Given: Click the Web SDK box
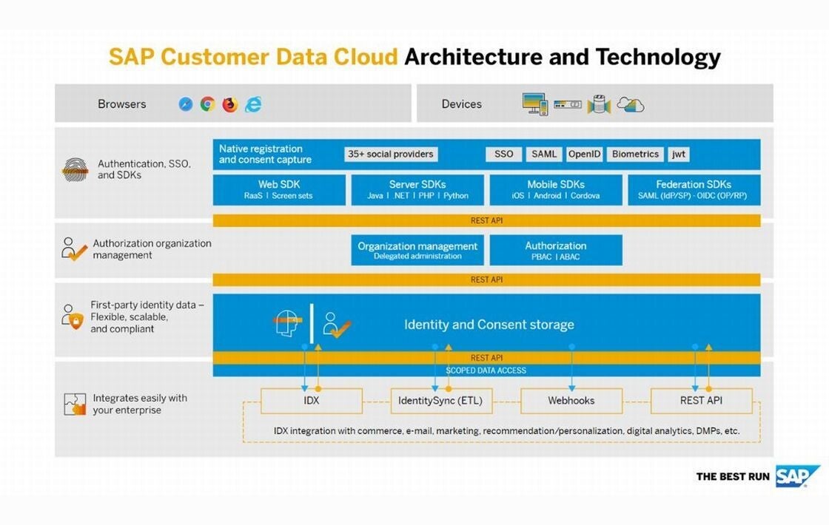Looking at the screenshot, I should coord(279,190).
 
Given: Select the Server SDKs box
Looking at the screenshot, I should coord(417,190).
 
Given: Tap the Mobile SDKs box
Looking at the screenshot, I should coord(556,190).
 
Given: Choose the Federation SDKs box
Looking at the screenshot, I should coord(694,190).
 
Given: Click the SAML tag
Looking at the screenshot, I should coord(544,155).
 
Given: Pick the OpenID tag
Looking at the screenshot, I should coord(584,155).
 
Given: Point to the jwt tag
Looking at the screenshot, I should coord(678,155).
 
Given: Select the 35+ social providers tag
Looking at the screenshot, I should coord(391,155).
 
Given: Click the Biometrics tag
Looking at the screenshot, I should coord(634,155).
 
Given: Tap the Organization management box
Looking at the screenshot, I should coord(417,250).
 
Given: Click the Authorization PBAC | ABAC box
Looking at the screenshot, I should coord(556,250).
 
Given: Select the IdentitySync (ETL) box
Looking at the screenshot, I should coord(440,401).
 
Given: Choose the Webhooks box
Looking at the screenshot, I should coord(571,401).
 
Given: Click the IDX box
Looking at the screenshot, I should coord(311,401).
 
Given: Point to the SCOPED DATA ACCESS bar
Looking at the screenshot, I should coord(486,370).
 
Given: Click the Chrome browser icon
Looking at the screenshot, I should coord(208,104).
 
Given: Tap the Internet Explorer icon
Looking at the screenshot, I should coord(253,104).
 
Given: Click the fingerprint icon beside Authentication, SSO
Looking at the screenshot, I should coord(74,170).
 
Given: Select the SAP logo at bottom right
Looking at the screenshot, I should coord(797,476).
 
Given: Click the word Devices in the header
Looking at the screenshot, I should coord(461,104).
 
